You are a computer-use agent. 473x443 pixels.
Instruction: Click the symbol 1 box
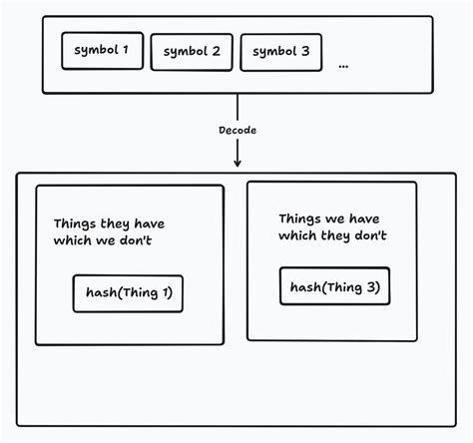102,51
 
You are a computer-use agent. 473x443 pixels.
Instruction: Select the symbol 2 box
192,52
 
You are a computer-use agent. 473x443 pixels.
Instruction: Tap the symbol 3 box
280,52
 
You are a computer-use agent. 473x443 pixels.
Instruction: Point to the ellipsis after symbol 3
343,65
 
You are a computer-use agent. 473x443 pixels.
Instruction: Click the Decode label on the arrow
236,131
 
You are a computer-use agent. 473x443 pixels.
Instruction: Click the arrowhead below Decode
237,161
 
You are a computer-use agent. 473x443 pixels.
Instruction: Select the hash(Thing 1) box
128,293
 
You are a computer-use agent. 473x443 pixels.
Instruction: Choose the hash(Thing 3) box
334,287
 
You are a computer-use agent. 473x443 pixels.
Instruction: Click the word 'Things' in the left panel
75,224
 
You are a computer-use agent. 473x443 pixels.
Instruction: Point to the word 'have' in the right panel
364,219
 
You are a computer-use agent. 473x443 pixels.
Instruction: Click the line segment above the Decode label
237,108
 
